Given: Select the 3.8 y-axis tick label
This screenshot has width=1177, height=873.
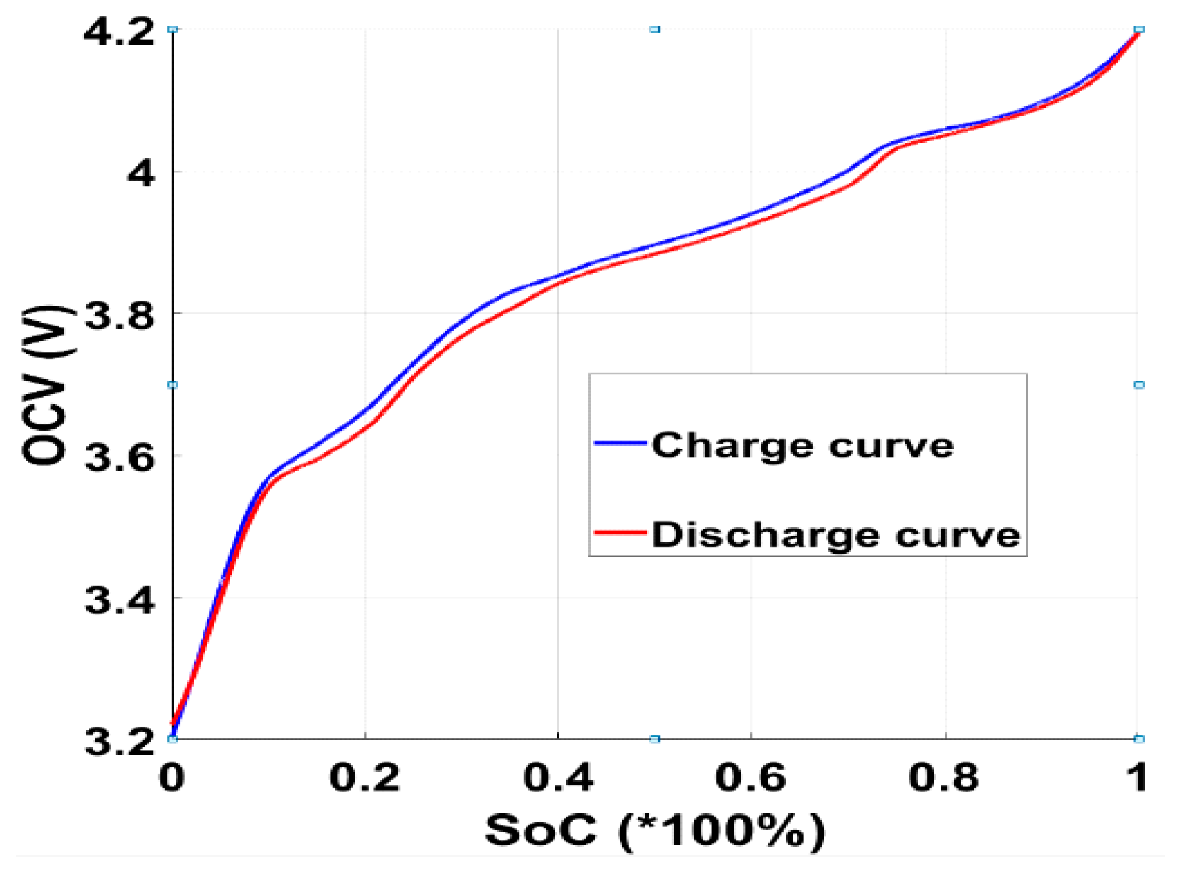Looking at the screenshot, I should [119, 316].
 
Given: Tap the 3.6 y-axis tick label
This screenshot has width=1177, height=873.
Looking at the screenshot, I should [119, 458].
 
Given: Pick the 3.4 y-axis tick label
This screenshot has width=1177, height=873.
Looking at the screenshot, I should [119, 600].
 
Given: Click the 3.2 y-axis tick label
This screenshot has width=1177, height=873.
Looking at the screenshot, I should [119, 742].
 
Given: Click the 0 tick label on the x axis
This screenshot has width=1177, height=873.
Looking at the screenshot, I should [172, 778].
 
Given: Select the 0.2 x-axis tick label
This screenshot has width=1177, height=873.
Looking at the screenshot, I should [365, 778].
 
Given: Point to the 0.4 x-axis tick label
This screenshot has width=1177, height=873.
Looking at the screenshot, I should [558, 778].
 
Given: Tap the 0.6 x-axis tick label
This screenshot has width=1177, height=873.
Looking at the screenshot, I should [751, 778].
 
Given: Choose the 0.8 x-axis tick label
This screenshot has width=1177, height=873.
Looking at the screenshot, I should [944, 778].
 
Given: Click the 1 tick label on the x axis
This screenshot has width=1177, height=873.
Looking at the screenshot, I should [1138, 778].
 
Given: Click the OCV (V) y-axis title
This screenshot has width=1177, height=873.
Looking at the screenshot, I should [46, 385].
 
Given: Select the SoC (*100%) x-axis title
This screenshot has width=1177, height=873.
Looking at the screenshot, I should [655, 830].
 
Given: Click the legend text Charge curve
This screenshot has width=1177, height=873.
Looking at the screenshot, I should [803, 446].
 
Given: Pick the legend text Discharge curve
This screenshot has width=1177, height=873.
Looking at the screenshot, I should [836, 535].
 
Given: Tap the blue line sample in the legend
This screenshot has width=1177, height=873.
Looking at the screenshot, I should [620, 443].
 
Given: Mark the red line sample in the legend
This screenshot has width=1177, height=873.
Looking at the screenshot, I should [620, 532].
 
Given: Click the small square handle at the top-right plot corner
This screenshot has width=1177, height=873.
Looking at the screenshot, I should [1139, 29].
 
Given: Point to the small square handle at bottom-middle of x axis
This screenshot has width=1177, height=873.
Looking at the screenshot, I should [655, 739].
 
